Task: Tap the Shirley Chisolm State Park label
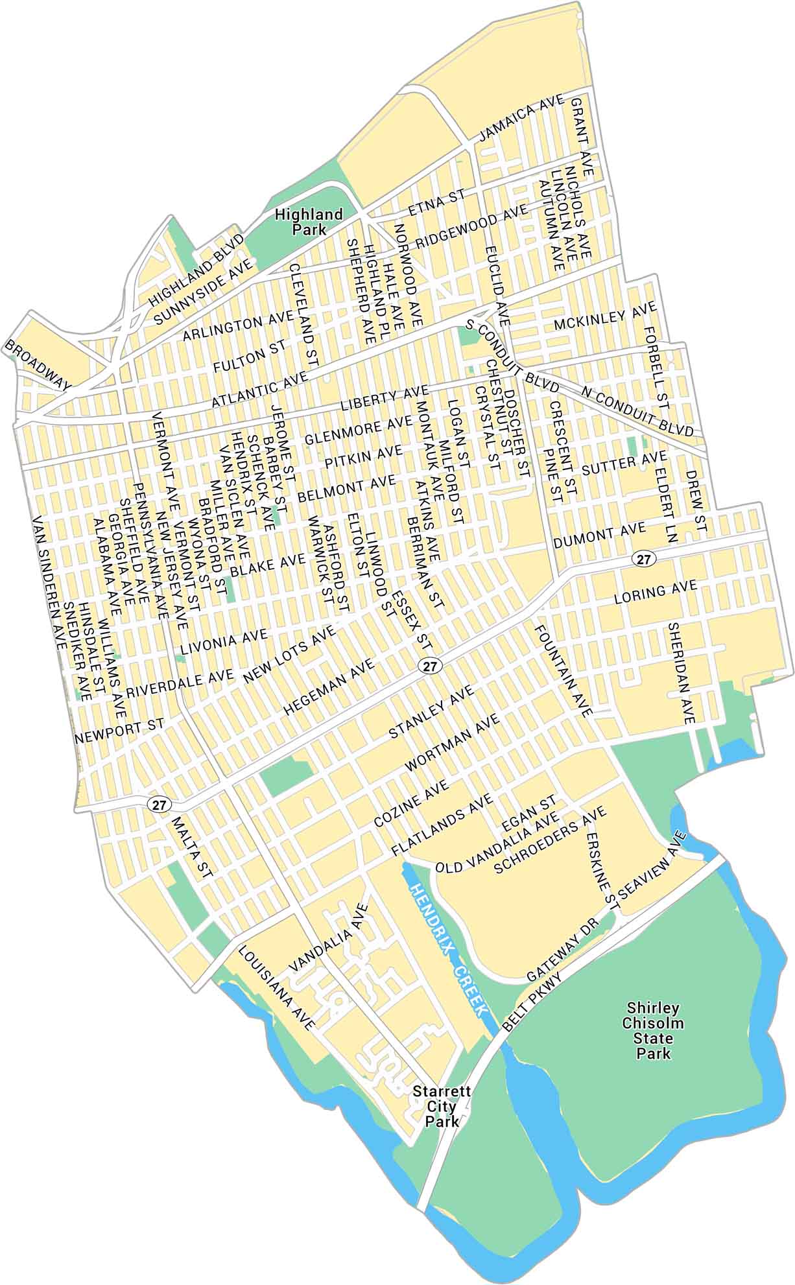[x=653, y=1030]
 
